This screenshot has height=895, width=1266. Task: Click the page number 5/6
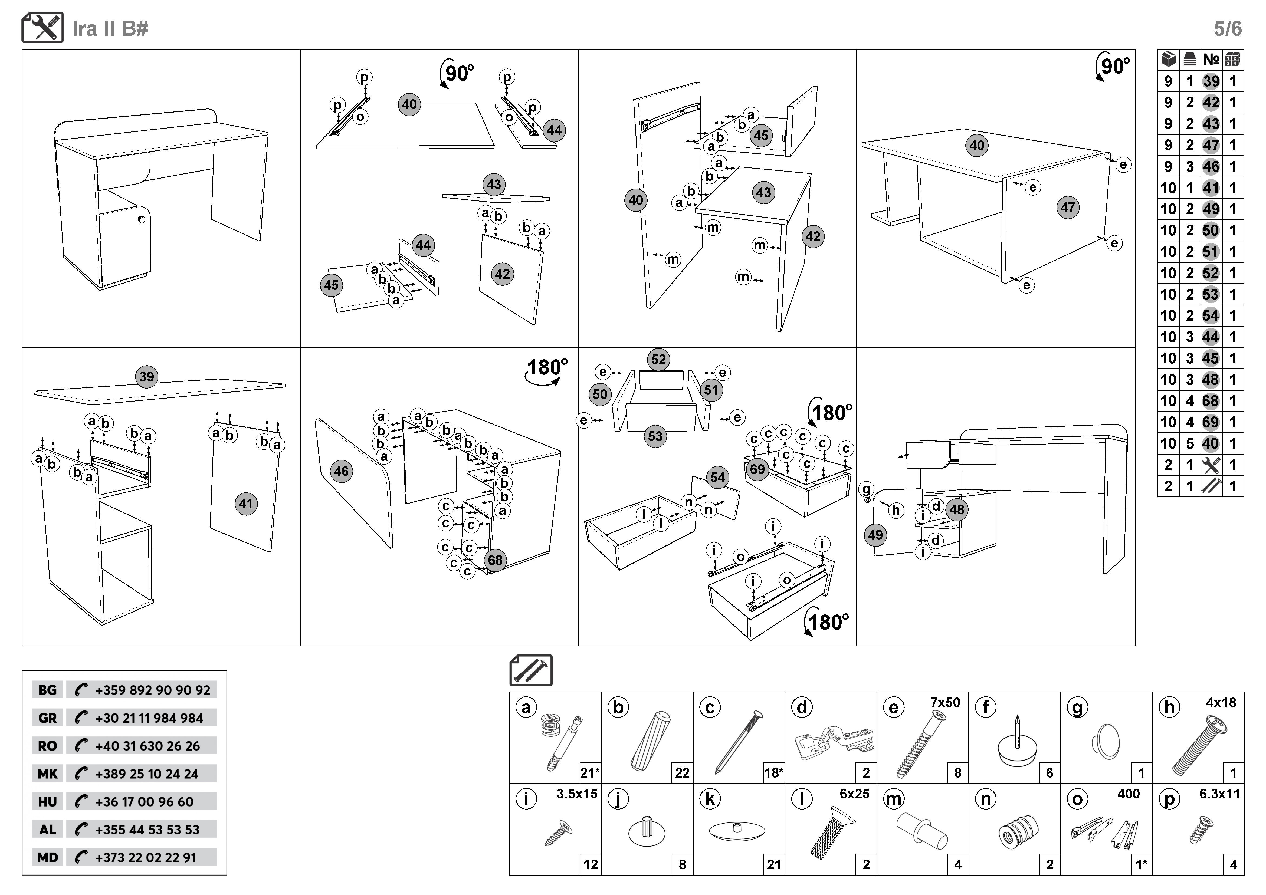pyautogui.click(x=1227, y=29)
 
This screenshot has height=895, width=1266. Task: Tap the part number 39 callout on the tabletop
pyautogui.click(x=147, y=377)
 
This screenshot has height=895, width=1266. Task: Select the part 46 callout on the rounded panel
pyautogui.click(x=341, y=471)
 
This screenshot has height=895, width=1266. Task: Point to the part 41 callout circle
pyautogui.click(x=246, y=504)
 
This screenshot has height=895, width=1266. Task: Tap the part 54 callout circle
pyautogui.click(x=717, y=477)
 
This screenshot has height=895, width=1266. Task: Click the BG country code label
pyautogui.click(x=47, y=690)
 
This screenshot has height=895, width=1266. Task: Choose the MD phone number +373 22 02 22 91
pyautogui.click(x=146, y=857)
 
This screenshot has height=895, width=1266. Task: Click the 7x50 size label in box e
pyautogui.click(x=945, y=703)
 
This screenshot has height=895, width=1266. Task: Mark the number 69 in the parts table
pyautogui.click(x=1211, y=422)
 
